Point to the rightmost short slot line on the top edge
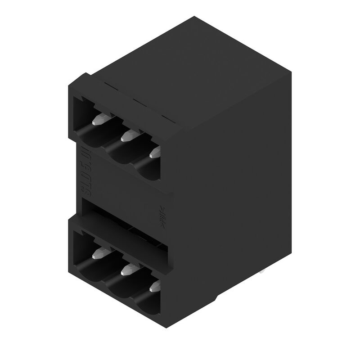point(167,119)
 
